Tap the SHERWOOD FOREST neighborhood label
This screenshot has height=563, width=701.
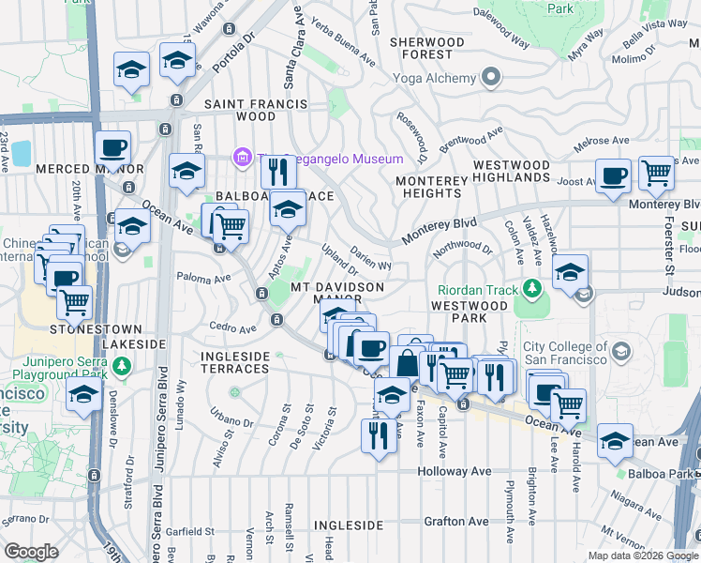coord(426,49)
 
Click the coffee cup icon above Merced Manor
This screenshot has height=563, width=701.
coord(112,148)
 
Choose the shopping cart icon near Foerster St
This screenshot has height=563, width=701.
coord(656,173)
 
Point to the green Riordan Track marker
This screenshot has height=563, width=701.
coord(532,288)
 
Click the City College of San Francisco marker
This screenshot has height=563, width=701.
coord(619,353)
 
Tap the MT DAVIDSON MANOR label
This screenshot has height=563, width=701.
coord(336,292)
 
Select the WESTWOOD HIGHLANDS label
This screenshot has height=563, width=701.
coord(511,171)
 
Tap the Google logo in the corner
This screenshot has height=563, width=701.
coord(31,551)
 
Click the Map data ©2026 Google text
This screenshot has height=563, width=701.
coord(643,555)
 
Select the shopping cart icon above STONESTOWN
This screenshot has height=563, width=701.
coord(73,302)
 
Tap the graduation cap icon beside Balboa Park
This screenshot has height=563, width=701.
coord(614,441)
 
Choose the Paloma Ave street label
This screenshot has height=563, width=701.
coord(203,278)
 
